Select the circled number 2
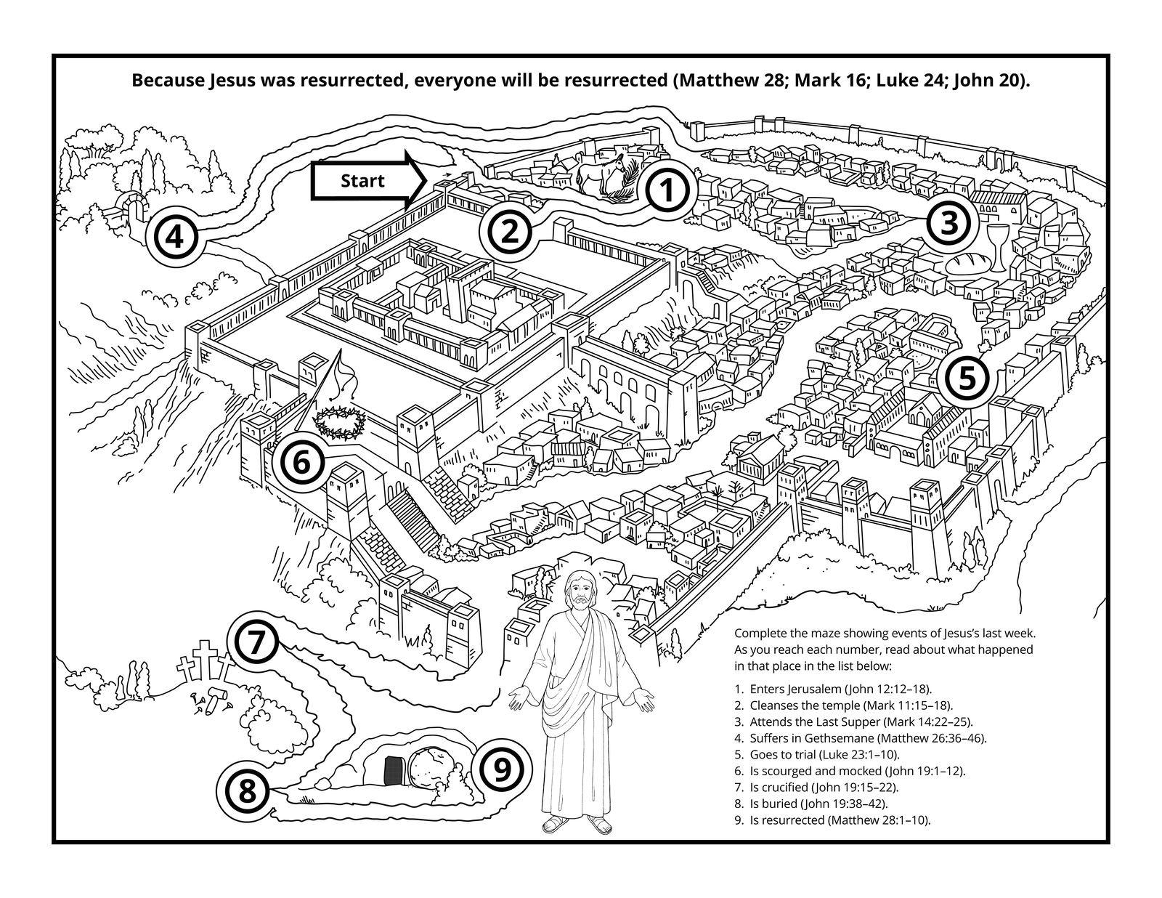coord(508,232)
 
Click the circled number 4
coord(174,237)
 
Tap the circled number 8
coord(247,789)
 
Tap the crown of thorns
coord(338,423)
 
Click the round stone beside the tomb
coord(433,769)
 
